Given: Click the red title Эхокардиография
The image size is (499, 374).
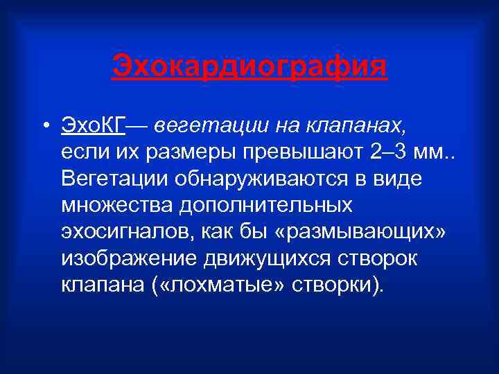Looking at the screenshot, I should click(x=249, y=69).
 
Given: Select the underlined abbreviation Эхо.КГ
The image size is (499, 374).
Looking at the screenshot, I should click(x=93, y=127).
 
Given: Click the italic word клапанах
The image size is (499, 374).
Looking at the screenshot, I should click(x=370, y=127).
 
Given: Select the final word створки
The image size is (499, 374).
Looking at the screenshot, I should click(x=329, y=284).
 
